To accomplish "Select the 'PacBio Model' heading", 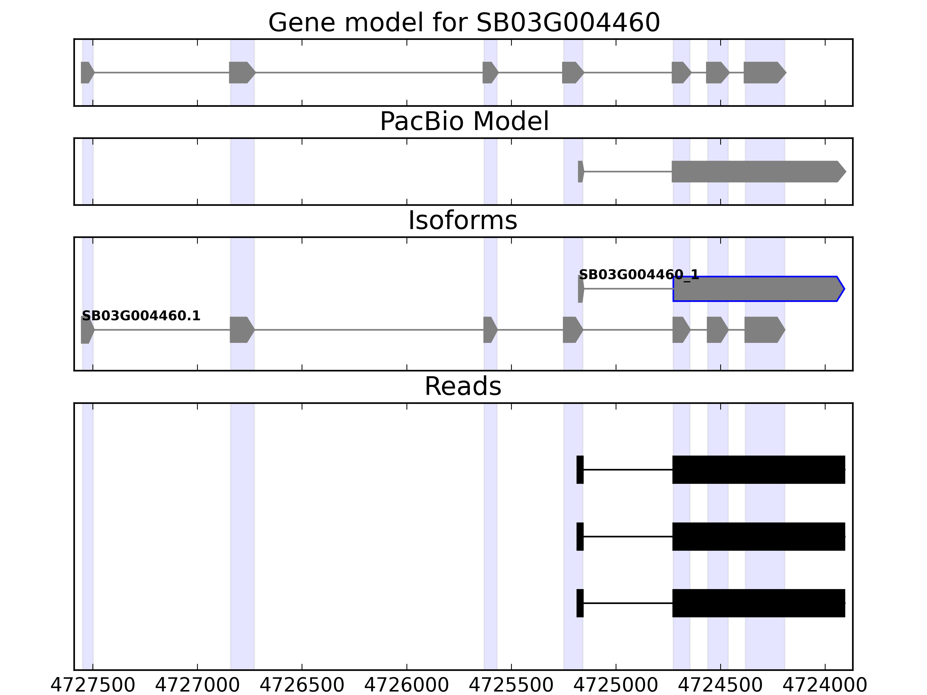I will [464, 122].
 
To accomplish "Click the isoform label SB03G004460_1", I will [639, 275].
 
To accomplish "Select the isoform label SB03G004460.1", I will [141, 316].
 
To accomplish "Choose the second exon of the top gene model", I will [241, 72].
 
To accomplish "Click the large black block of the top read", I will [758, 470].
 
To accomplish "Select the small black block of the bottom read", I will [580, 603].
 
